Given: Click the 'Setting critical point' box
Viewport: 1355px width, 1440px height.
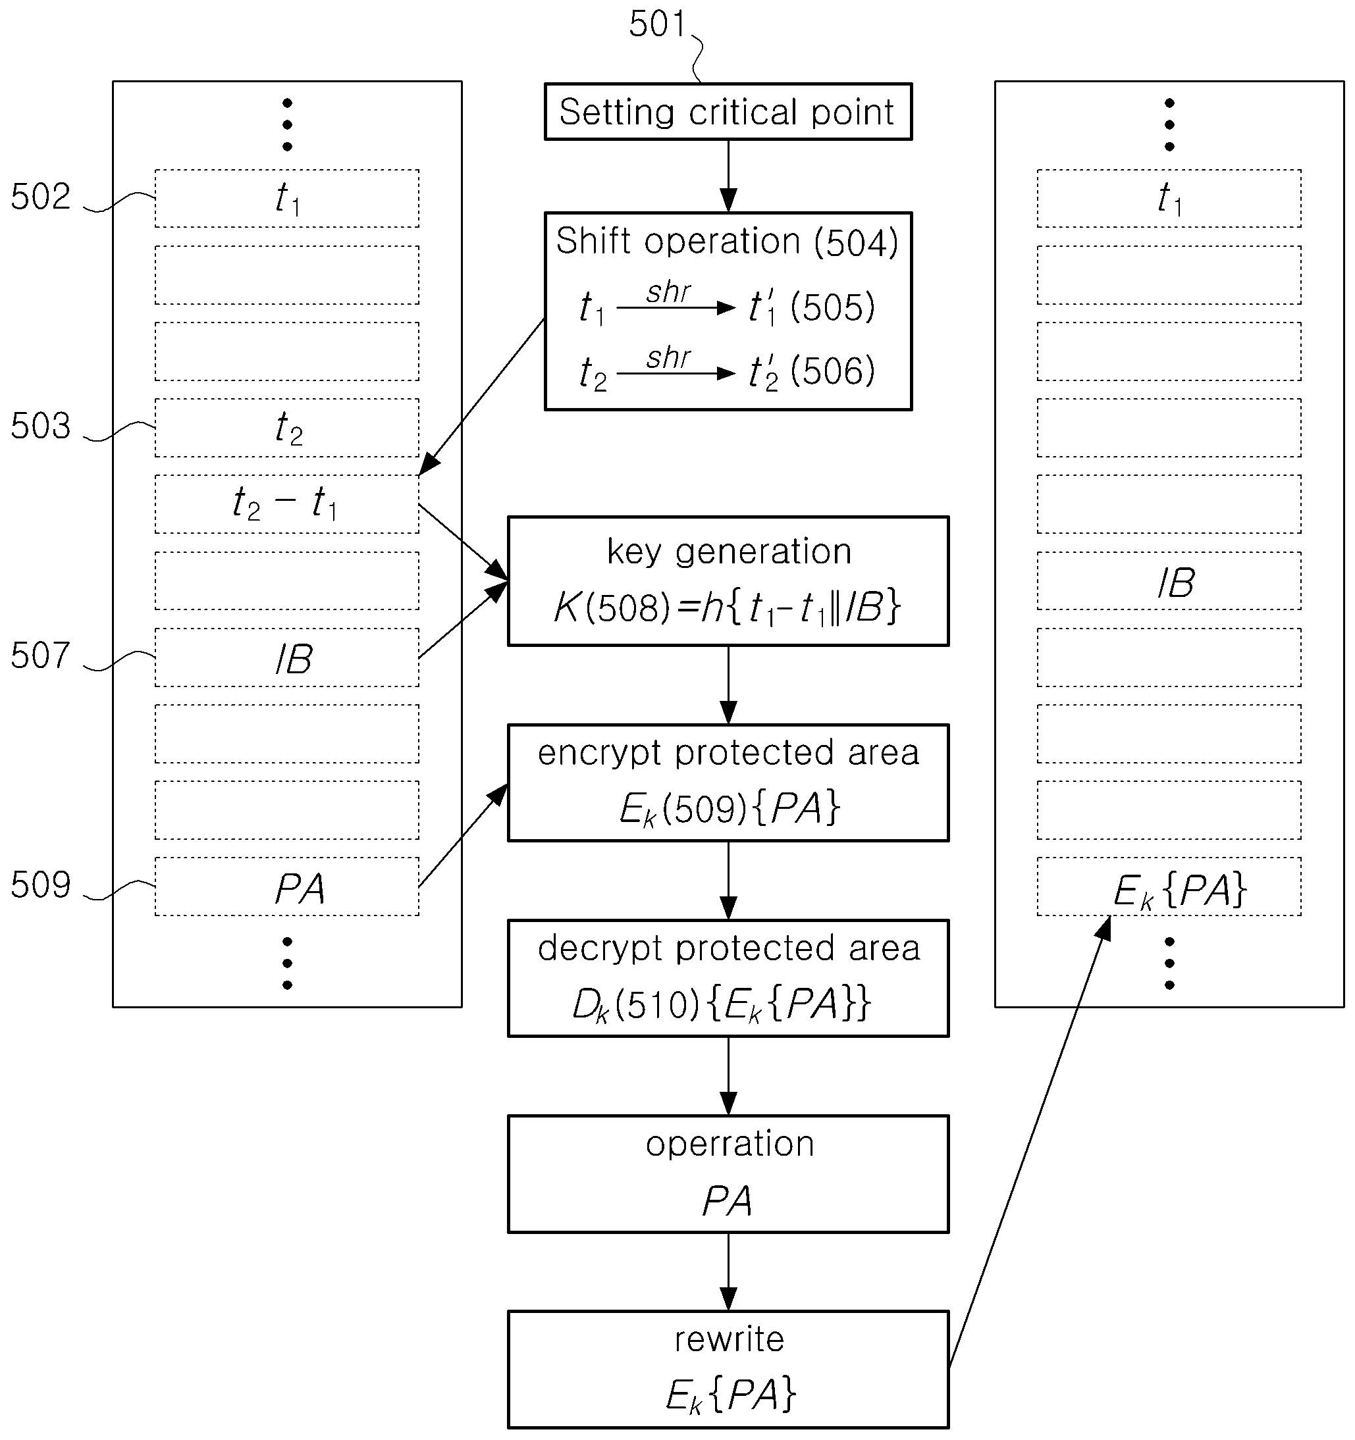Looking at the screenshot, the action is pyautogui.click(x=728, y=111).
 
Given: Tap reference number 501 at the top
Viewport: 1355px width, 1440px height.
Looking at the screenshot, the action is pyautogui.click(x=657, y=24).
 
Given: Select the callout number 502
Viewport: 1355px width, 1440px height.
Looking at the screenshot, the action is pyautogui.click(x=41, y=196).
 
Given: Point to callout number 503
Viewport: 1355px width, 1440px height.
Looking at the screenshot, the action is pyautogui.click(x=41, y=426).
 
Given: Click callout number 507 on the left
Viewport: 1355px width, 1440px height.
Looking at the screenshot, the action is pyautogui.click(x=41, y=656).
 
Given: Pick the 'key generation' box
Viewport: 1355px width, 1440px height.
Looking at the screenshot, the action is pyautogui.click(x=728, y=581).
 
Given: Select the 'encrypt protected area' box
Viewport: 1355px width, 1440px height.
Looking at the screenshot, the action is pyautogui.click(x=728, y=783).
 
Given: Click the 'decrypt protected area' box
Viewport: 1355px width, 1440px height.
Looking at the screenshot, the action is pyautogui.click(x=728, y=978).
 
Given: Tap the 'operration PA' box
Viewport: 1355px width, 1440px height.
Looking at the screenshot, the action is pyautogui.click(x=728, y=1174).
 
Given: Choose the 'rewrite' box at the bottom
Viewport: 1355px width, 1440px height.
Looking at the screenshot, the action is pyautogui.click(x=728, y=1370).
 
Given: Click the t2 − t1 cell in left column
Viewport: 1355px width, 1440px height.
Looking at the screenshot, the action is pyautogui.click(x=287, y=504).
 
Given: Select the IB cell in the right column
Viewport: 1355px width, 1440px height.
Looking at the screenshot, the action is pyautogui.click(x=1169, y=581).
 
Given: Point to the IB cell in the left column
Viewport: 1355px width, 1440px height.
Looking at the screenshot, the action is pyautogui.click(x=287, y=657).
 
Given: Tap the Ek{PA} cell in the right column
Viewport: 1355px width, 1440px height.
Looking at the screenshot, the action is pyautogui.click(x=1169, y=887).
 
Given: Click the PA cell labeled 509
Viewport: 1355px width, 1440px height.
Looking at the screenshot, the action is pyautogui.click(x=287, y=887).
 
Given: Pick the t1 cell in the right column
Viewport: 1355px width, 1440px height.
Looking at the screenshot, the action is pyautogui.click(x=1169, y=199).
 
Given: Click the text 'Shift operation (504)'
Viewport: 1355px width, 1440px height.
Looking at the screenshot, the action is pyautogui.click(x=727, y=242).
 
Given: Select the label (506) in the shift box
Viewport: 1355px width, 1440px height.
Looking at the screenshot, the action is pyautogui.click(x=833, y=372).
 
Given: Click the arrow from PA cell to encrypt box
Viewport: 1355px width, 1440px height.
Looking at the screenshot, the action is pyautogui.click(x=463, y=835).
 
